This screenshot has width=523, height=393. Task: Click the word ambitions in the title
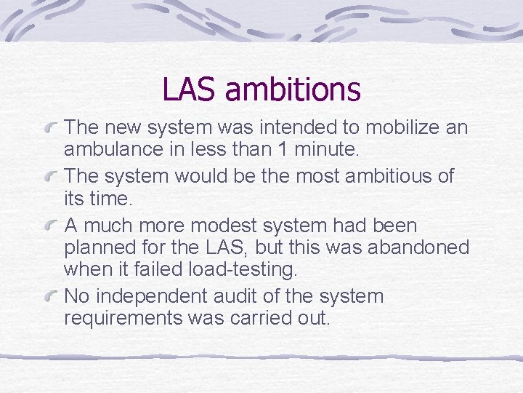293,90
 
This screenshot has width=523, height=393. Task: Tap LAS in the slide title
190,90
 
